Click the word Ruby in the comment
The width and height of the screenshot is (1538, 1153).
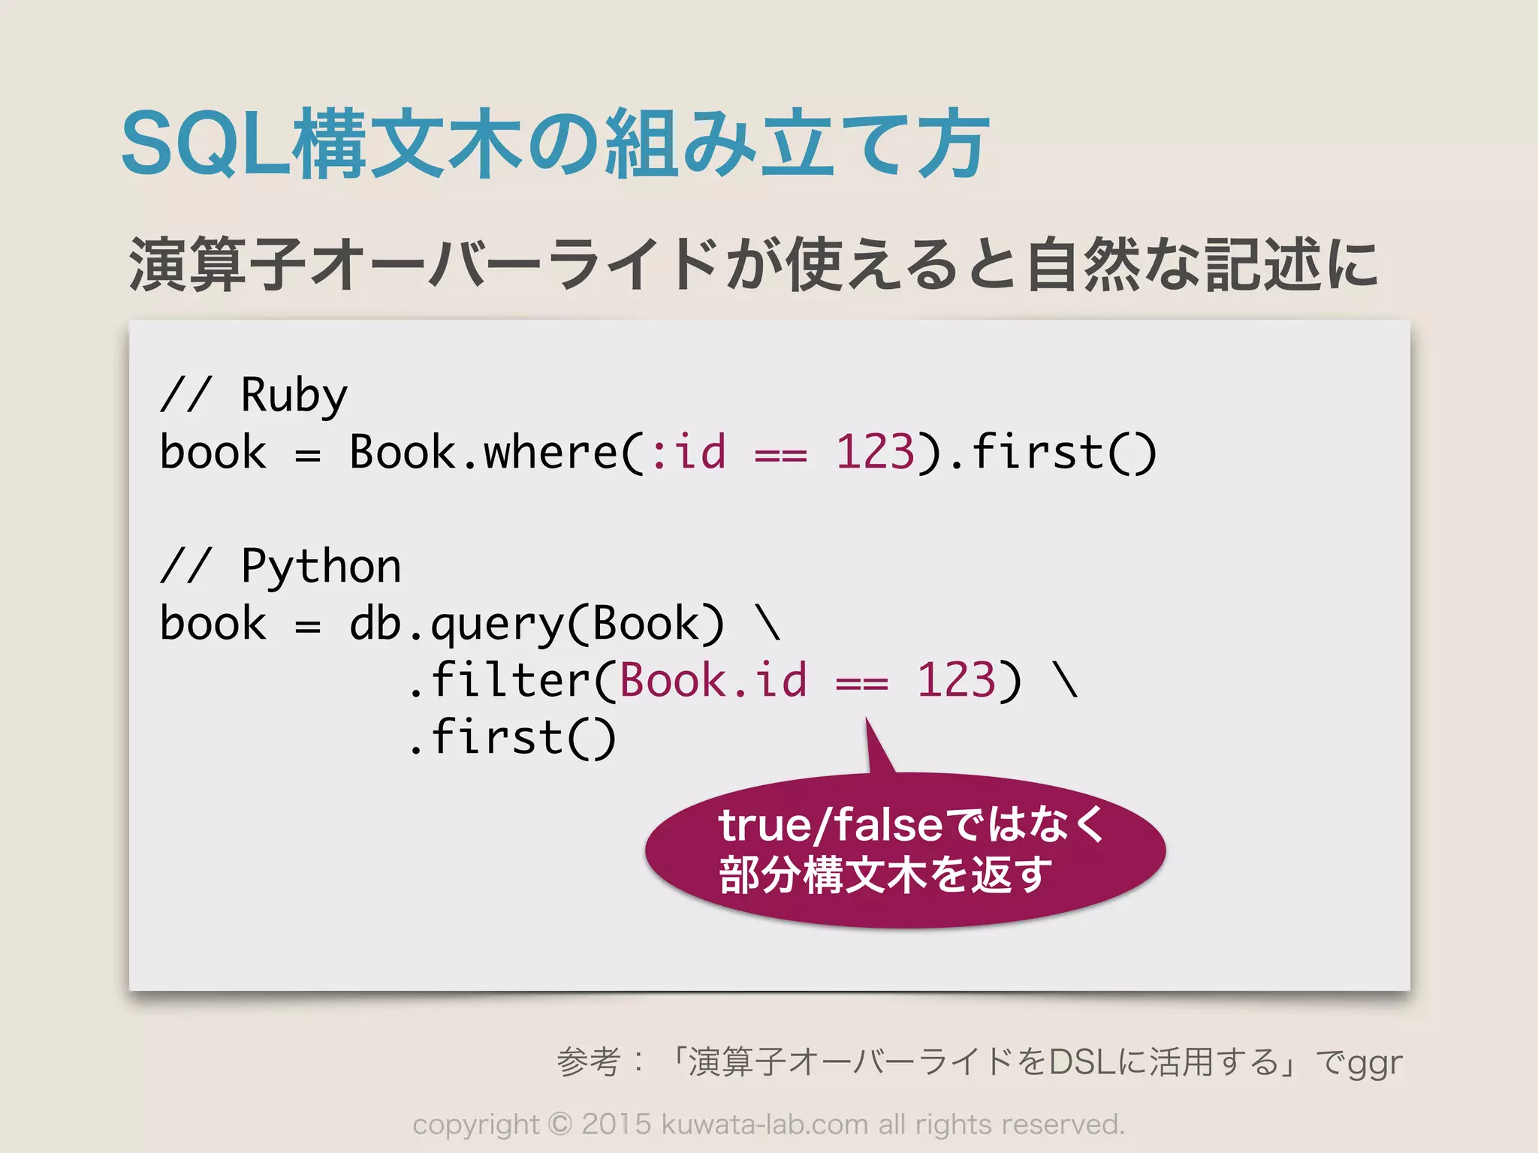[x=294, y=395]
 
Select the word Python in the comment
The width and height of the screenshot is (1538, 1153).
[x=321, y=566]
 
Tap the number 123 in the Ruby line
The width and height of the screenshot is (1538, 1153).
[x=875, y=452]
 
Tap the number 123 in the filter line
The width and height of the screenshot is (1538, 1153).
[x=956, y=680]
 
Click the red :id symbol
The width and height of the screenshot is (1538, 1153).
[x=689, y=452]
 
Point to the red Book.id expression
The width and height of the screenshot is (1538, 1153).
[x=713, y=680]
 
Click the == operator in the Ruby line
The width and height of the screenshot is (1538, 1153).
[x=781, y=455]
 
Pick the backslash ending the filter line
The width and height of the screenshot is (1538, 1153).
[x=1066, y=680]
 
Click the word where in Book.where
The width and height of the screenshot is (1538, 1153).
[x=550, y=452]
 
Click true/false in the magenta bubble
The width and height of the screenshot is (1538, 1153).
[x=830, y=825]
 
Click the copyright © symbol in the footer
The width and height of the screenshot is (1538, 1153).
[x=559, y=1124]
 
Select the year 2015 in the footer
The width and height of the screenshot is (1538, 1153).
[x=616, y=1124]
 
